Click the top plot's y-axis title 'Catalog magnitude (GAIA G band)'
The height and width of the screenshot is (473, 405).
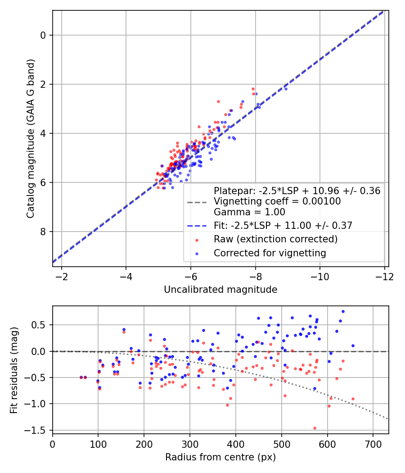point(31,138)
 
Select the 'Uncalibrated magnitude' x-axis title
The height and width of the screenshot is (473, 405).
point(220,290)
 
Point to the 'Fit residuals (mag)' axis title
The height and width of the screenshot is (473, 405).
point(14,370)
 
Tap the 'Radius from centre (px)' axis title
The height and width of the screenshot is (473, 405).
point(220,457)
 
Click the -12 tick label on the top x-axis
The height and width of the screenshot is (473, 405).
point(384,277)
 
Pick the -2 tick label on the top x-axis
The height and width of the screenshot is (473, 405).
point(62,277)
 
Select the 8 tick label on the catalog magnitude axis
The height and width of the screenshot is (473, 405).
point(43,232)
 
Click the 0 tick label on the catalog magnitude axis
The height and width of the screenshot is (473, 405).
point(43,35)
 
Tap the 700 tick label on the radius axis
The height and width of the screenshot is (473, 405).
point(373,444)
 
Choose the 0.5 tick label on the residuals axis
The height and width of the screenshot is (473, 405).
point(39,325)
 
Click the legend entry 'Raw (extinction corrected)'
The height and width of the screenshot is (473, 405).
point(276,239)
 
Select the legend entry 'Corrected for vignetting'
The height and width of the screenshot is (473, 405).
point(270,253)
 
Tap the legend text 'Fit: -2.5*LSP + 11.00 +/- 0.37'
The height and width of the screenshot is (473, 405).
point(283,226)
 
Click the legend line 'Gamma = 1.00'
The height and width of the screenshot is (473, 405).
point(249,212)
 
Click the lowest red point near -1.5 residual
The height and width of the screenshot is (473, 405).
point(315,428)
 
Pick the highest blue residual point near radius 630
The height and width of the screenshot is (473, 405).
point(343,312)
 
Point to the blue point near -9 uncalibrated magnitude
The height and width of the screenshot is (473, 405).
point(286,89)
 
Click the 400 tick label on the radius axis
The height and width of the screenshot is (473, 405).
point(236,444)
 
